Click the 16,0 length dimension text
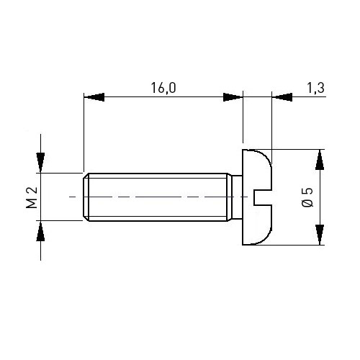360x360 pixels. (163, 88)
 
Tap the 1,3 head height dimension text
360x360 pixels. (316, 88)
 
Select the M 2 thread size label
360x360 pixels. (32, 197)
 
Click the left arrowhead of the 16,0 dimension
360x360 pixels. (94, 97)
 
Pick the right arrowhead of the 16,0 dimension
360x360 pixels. (233, 97)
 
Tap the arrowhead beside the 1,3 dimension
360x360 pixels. (282, 97)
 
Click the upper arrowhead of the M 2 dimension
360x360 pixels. (40, 162)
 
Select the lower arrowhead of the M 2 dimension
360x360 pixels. (40, 231)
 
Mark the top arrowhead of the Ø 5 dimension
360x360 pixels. (320, 160)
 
